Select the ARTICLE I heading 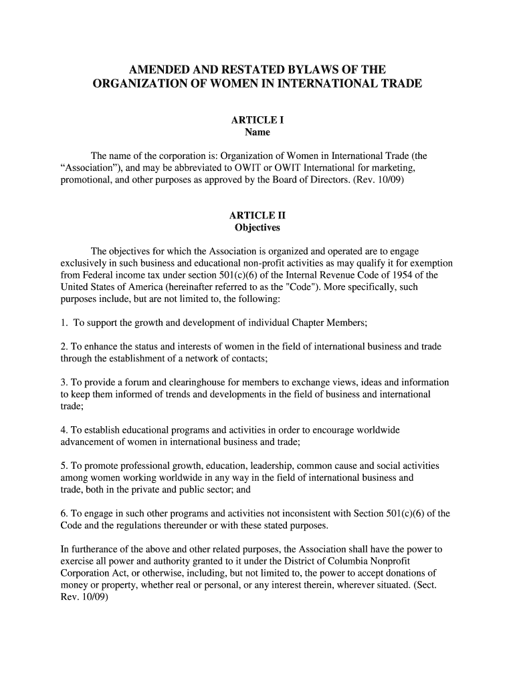click(x=257, y=120)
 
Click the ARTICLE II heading click(x=257, y=216)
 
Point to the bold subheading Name click(x=257, y=132)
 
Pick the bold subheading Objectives click(x=257, y=228)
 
